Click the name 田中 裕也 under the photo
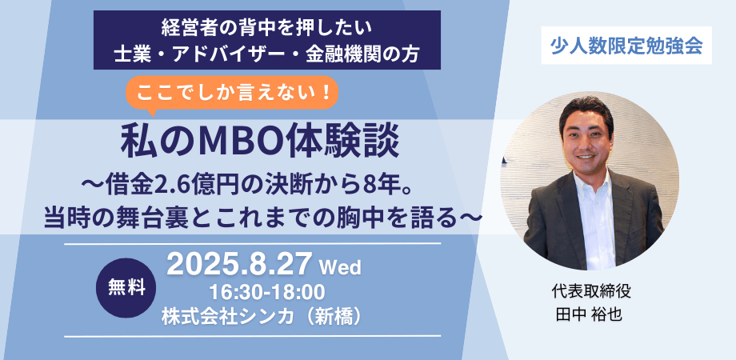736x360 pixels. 588,314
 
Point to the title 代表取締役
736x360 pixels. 588,291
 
